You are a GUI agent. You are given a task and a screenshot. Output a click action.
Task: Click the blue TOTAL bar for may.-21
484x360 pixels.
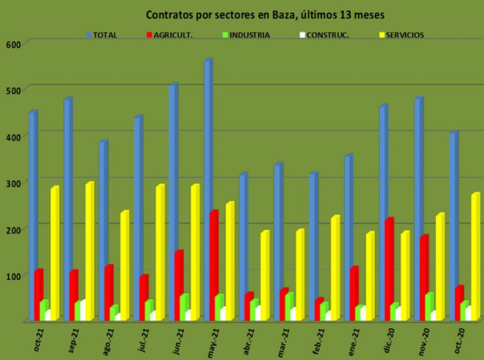(x=207, y=189)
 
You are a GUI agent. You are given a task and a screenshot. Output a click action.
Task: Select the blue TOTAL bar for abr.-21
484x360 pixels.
(x=242, y=246)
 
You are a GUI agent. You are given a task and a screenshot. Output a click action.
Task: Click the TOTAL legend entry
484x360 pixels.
(x=102, y=35)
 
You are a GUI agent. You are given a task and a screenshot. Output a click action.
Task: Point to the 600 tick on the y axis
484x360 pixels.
(x=13, y=44)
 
